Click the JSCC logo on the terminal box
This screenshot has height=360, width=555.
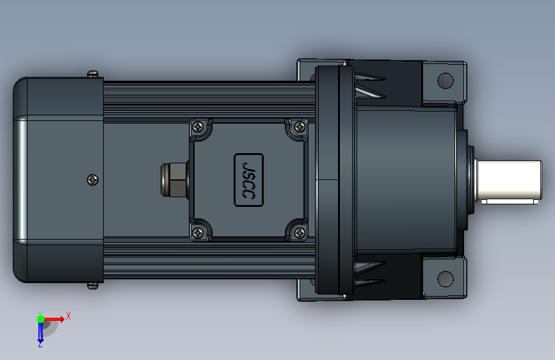[248, 180]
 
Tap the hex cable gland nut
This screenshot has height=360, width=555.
[173, 179]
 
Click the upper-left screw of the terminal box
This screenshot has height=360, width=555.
[198, 126]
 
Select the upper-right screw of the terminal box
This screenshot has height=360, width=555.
[300, 126]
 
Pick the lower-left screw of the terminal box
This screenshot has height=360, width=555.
[198, 233]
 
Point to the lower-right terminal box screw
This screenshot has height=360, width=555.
[300, 233]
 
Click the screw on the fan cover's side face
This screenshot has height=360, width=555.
[93, 180]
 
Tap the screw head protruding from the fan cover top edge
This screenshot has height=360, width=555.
[93, 74]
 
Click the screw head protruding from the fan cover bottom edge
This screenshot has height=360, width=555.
[93, 286]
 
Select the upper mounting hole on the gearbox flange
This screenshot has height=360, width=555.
[446, 81]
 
